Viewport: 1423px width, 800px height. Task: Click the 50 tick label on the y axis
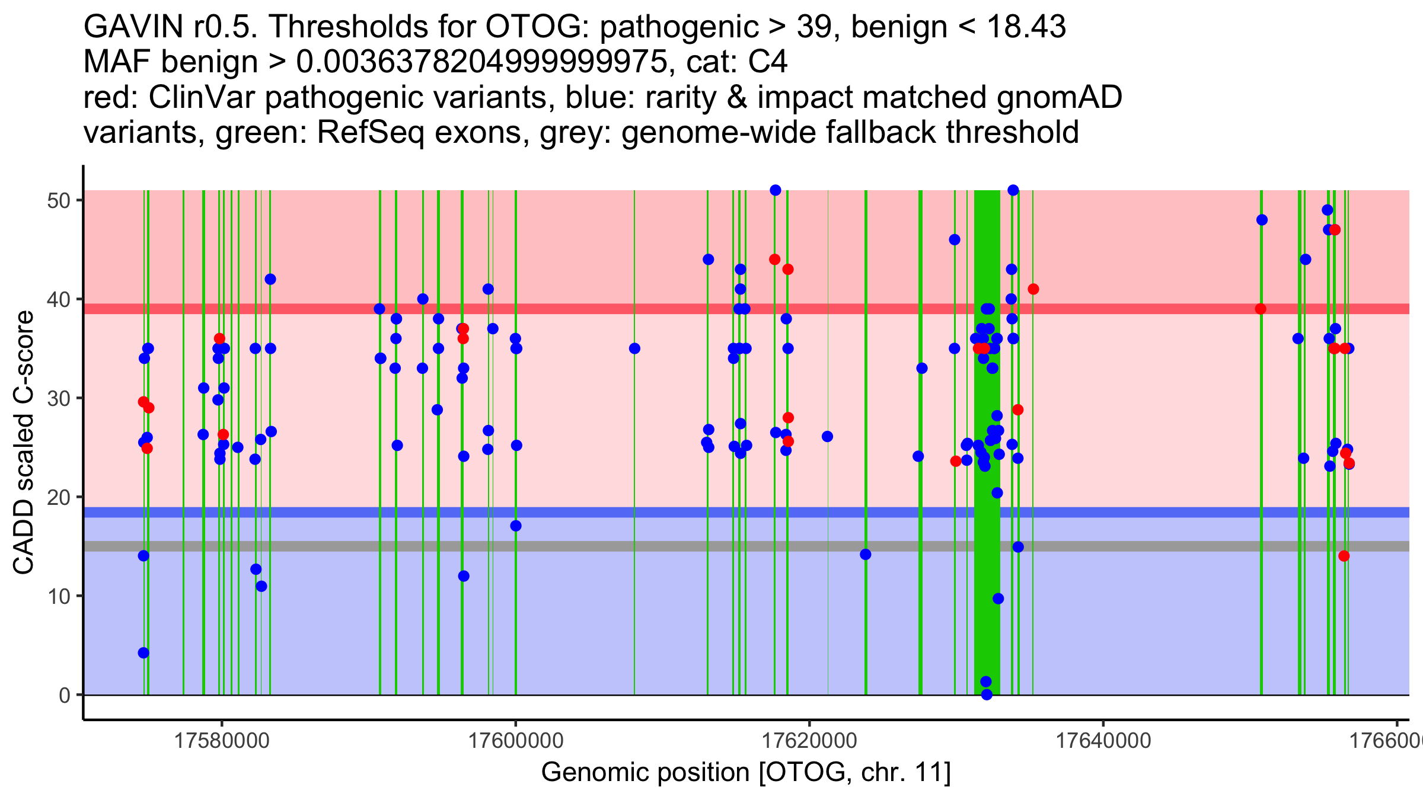coord(58,200)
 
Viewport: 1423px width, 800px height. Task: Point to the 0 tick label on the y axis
coord(65,695)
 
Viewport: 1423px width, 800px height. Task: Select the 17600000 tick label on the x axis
coord(516,741)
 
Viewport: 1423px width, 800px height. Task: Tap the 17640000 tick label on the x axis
coord(1103,741)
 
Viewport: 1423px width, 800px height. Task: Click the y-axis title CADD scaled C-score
coord(24,443)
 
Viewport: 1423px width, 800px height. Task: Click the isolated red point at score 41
coord(1033,289)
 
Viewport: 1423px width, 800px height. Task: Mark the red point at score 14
coord(1344,556)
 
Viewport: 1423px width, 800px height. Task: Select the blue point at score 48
coord(1262,220)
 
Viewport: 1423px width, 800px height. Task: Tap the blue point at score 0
coord(987,695)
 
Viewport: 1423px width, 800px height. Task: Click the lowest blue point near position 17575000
coord(143,653)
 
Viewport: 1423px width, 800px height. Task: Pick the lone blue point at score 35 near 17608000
coord(634,348)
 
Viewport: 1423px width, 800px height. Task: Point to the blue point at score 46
coord(955,240)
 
